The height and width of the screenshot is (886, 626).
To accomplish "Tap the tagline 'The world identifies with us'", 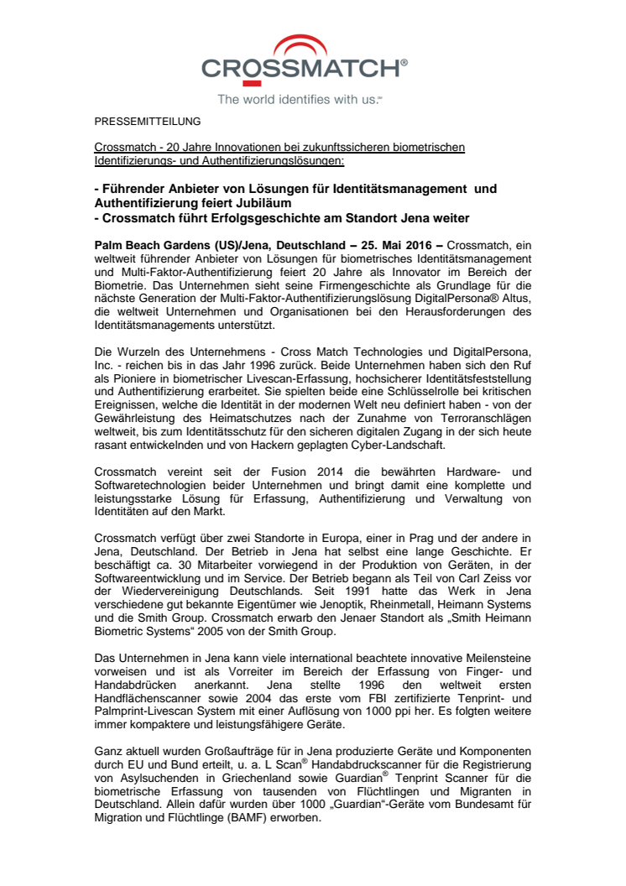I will coord(300,100).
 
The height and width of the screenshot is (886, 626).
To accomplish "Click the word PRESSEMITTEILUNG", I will coord(147,122).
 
